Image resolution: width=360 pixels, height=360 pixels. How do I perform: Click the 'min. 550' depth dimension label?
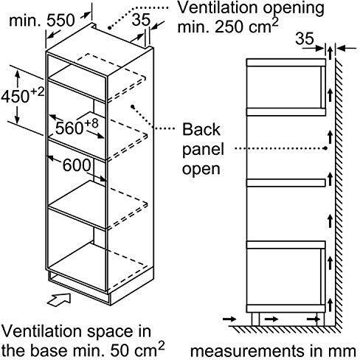tap(41, 21)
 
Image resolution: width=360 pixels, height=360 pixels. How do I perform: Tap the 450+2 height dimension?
tap(23, 95)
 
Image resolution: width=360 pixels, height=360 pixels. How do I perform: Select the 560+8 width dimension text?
tap(77, 126)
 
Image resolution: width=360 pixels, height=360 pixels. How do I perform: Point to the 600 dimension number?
tap(77, 165)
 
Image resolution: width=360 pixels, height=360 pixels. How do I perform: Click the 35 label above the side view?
tap(305, 38)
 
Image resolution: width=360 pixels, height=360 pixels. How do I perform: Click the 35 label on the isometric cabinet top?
tap(141, 19)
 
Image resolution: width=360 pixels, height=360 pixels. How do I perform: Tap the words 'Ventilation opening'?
tap(251, 8)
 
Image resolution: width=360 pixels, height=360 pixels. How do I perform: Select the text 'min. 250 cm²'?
tap(228, 27)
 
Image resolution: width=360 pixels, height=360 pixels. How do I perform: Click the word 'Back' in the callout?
tap(201, 129)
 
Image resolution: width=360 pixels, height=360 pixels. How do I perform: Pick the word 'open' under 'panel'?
tap(201, 170)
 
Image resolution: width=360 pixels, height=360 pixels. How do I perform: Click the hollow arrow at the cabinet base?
tap(59, 299)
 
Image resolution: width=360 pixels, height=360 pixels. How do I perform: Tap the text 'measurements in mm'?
tap(273, 351)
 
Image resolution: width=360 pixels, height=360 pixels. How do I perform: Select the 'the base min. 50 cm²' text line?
tap(83, 350)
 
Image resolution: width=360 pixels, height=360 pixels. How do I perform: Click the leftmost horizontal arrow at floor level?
tap(229, 319)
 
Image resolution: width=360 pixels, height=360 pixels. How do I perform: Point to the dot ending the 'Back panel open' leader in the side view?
tap(325, 148)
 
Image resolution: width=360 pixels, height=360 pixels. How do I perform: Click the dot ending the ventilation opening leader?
tap(110, 27)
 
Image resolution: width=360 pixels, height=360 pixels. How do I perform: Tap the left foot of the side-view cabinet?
tap(255, 319)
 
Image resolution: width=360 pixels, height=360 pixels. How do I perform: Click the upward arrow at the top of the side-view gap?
tap(330, 53)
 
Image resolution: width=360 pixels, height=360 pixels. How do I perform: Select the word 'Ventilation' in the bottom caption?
tap(43, 331)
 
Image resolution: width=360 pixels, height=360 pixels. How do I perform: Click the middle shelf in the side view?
tap(286, 183)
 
